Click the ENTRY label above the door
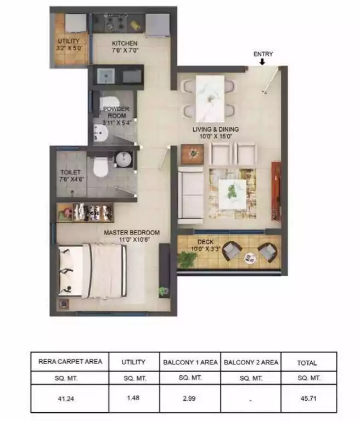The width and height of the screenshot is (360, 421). tap(263, 54)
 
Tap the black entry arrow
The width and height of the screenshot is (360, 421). tap(263, 62)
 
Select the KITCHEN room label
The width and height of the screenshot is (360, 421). tap(125, 43)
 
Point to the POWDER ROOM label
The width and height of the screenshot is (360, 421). tap(116, 112)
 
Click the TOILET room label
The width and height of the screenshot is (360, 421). tap(70, 173)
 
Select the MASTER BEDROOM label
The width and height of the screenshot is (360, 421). tap(132, 232)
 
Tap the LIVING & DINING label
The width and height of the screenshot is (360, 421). tap(216, 129)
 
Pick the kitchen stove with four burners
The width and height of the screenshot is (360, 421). tap(116, 24)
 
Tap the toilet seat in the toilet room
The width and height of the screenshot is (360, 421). tap(100, 167)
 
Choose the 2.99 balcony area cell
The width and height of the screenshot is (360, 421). tap(189, 399)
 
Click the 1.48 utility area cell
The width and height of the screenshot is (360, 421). tap(133, 399)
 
